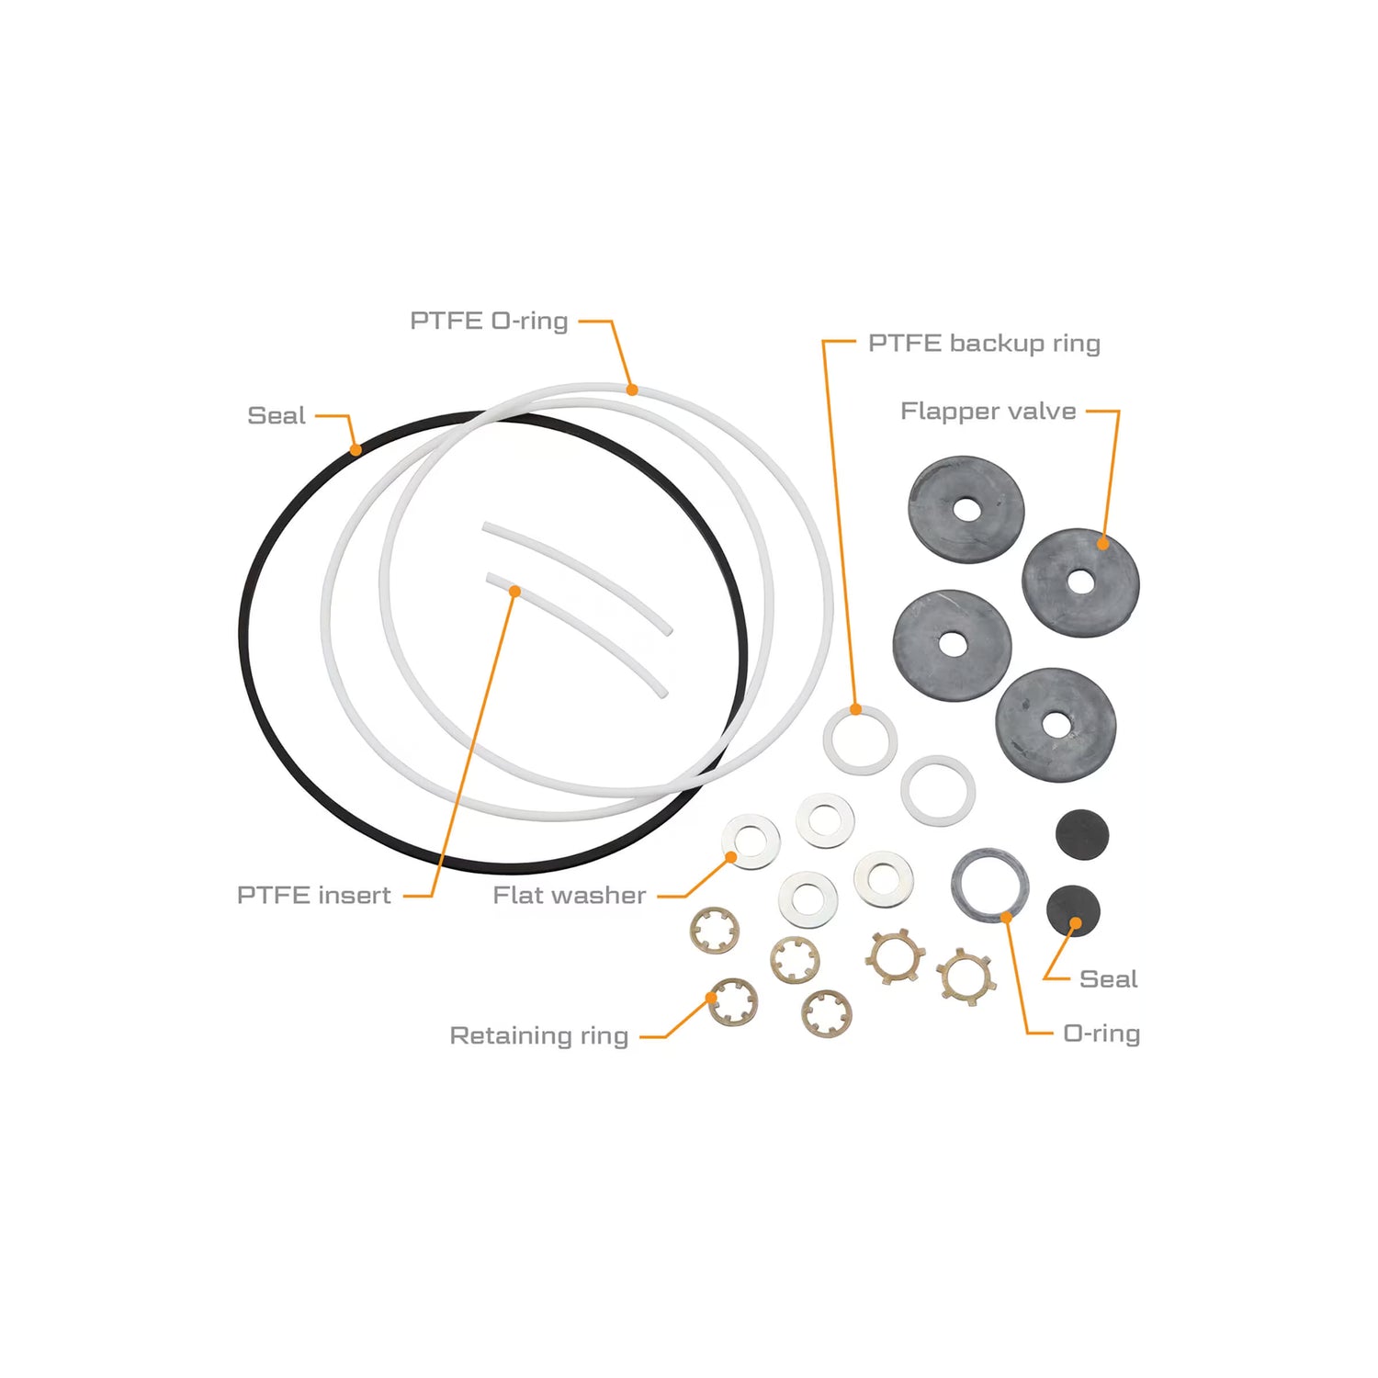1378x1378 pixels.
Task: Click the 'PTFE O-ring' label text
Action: click(x=489, y=321)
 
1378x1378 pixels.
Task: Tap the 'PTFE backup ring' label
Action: click(x=984, y=344)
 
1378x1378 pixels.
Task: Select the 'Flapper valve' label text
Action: click(x=988, y=411)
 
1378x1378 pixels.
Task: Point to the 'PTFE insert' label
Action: click(x=314, y=895)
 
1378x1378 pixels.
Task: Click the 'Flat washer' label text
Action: click(x=570, y=895)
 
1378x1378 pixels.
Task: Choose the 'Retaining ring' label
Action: click(x=539, y=1036)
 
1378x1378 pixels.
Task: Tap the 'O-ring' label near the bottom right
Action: click(x=1101, y=1033)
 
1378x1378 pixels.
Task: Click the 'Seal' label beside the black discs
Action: click(x=1109, y=979)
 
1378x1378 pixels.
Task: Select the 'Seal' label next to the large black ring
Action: click(x=277, y=415)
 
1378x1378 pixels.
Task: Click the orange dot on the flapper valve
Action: click(x=1103, y=544)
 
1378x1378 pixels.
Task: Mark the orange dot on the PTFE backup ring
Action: click(x=856, y=709)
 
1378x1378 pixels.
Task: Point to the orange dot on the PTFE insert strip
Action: click(x=515, y=592)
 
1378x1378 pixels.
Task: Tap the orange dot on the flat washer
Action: click(x=731, y=858)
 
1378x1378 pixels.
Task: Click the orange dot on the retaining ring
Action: click(x=712, y=998)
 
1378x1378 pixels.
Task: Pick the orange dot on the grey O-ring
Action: click(x=1007, y=917)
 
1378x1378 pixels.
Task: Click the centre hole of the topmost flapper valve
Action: click(x=966, y=510)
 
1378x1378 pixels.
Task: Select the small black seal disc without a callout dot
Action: click(x=1082, y=835)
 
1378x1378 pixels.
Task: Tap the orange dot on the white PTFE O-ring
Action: click(x=632, y=390)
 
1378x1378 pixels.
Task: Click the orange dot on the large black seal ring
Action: click(x=356, y=450)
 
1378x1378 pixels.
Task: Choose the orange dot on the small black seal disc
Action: click(x=1075, y=923)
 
